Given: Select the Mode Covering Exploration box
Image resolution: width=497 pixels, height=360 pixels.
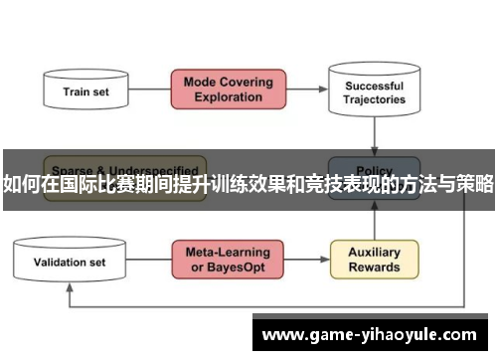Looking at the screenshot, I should [228, 89].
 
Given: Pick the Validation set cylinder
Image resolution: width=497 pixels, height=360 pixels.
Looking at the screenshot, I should [70, 262].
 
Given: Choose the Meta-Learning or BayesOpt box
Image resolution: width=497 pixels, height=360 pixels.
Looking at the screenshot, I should [228, 259].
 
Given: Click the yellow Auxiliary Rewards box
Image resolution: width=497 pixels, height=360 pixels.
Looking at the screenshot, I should [374, 259].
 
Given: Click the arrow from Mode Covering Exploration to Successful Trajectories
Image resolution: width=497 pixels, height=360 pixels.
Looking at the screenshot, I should [307, 90].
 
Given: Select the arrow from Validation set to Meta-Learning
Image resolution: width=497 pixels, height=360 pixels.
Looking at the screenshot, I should [150, 261].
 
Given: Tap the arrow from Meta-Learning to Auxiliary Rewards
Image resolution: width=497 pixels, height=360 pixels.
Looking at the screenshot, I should [307, 260].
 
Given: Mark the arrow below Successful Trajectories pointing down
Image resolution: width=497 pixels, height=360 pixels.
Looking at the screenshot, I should [374, 135].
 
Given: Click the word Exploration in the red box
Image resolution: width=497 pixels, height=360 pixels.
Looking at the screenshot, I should [228, 98].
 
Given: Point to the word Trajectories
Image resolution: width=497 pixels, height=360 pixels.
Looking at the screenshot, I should [374, 99].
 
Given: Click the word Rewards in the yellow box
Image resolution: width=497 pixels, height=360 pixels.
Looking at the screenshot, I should [374, 268].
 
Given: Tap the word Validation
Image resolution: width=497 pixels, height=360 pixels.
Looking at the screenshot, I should [59, 263].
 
